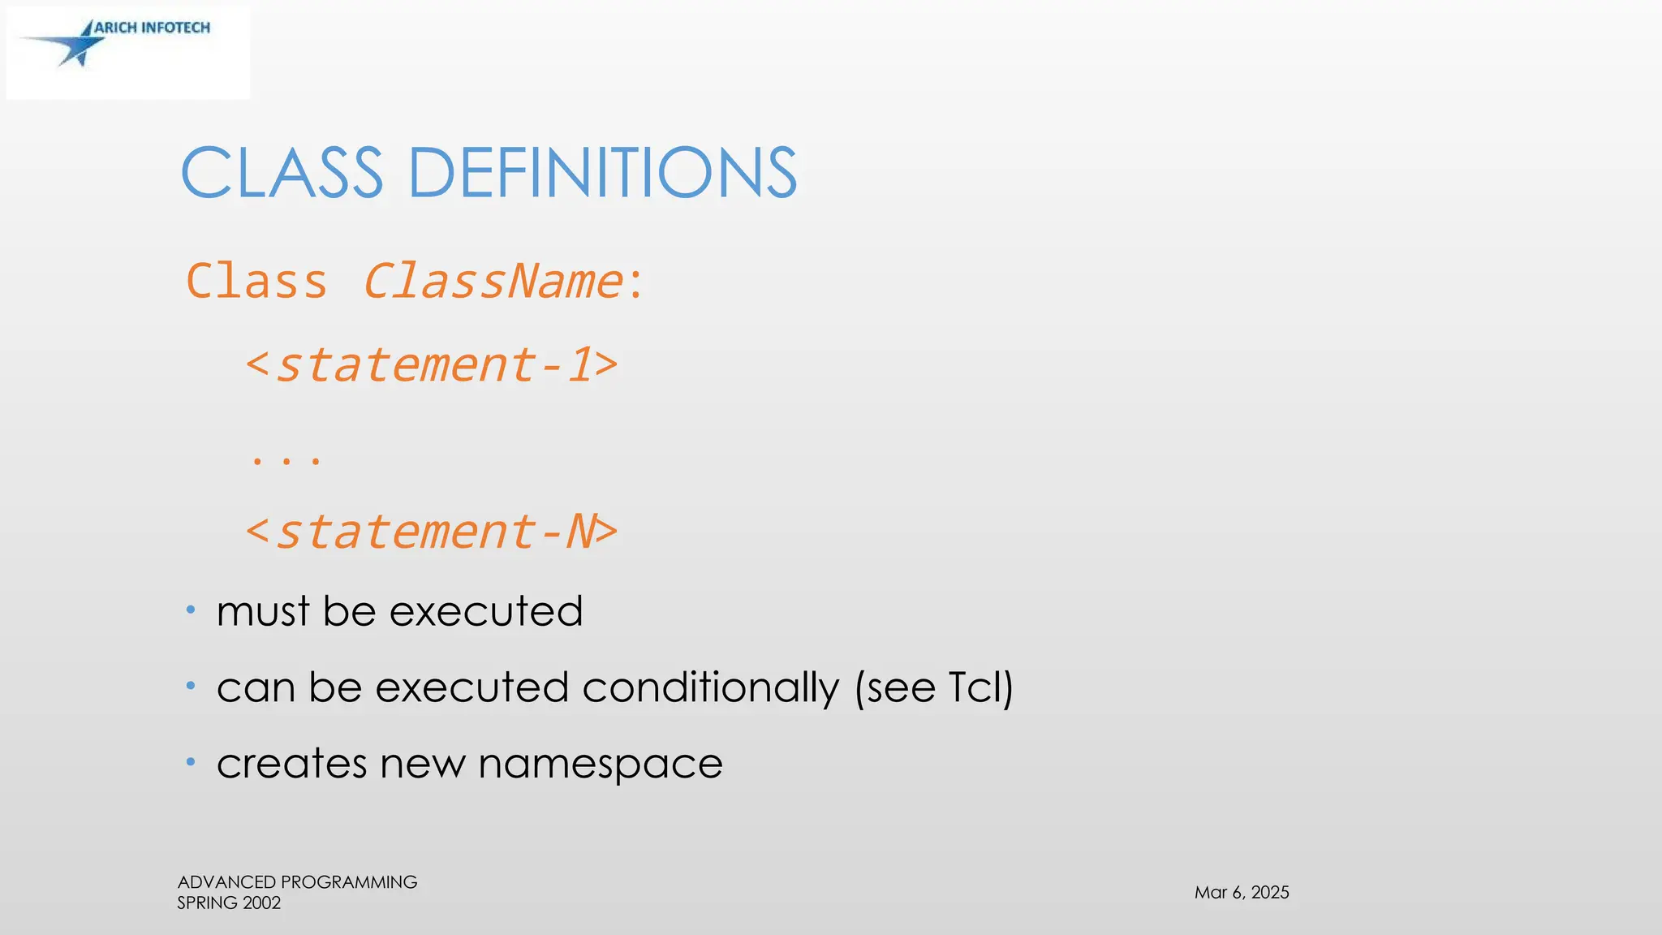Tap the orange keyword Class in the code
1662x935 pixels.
(256, 282)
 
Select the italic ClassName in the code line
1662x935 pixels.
(493, 282)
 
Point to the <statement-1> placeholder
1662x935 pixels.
(432, 365)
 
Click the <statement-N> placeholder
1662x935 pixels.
(432, 532)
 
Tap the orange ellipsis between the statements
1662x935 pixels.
(286, 460)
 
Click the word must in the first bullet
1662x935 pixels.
(263, 611)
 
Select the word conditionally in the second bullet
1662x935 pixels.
(710, 688)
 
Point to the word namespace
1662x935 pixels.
(600, 764)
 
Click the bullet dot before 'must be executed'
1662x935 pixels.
(191, 610)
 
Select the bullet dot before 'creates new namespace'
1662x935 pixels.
(191, 762)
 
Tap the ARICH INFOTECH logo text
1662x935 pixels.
(152, 28)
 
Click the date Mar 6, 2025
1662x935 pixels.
(1242, 892)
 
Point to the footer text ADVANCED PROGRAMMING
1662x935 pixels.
(297, 881)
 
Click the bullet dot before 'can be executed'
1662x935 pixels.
(191, 686)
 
